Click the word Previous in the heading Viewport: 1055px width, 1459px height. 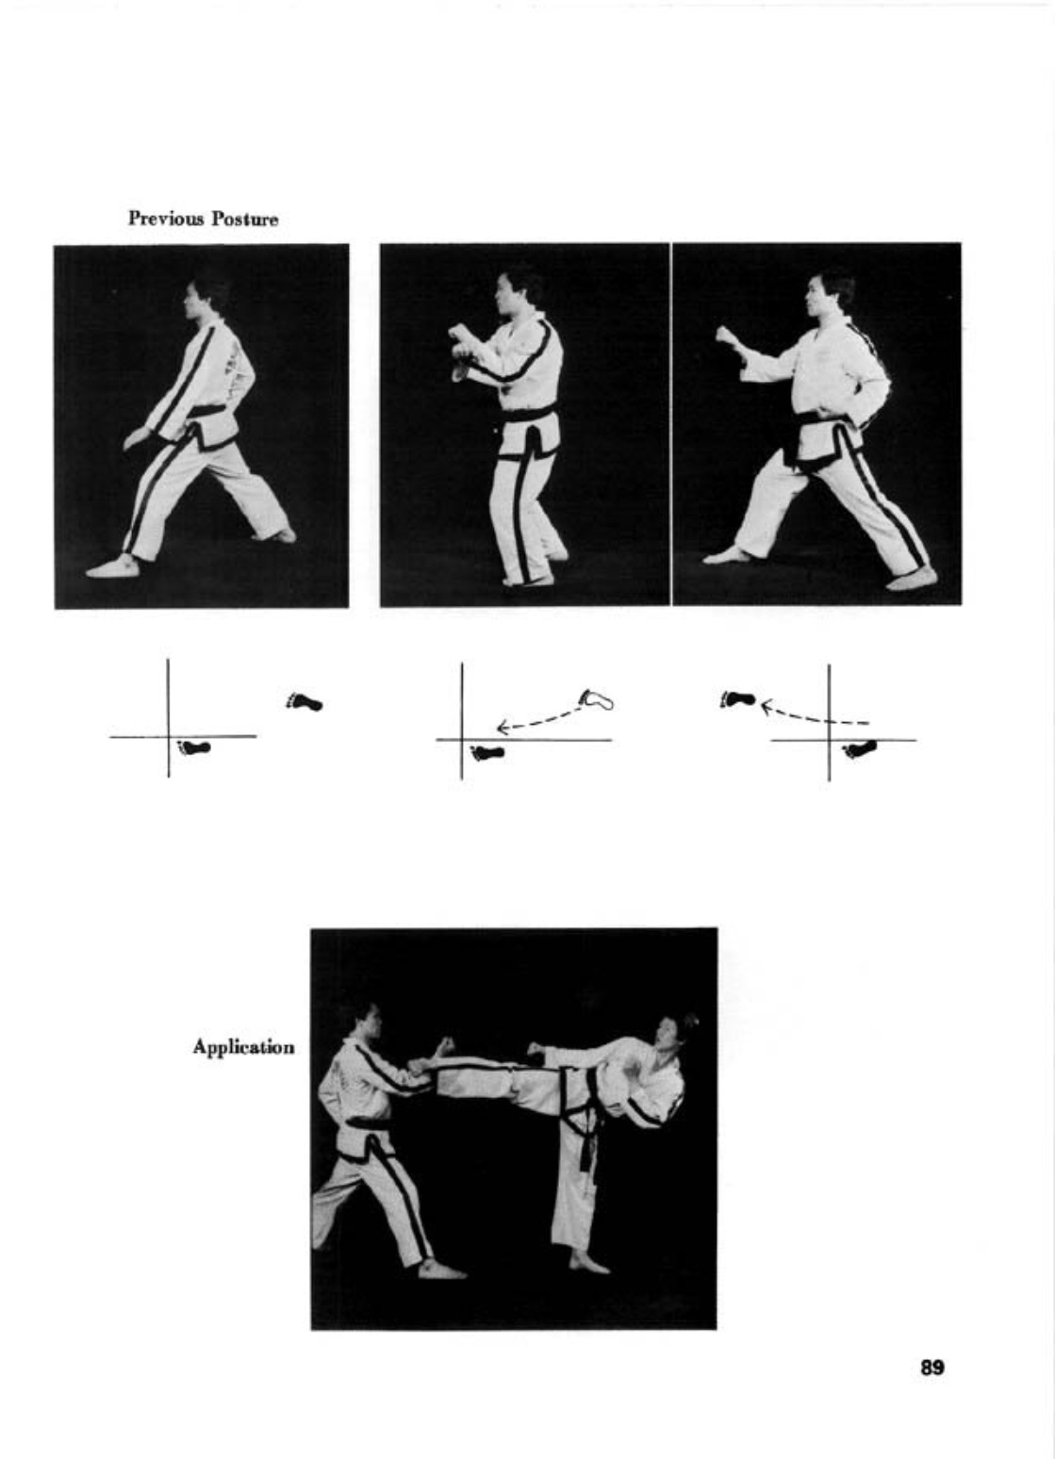click(166, 219)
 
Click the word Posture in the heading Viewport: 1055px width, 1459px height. click(244, 219)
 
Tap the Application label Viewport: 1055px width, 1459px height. click(243, 1047)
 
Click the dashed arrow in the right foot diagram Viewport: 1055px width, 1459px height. click(815, 713)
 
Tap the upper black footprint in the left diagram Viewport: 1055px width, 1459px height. click(305, 701)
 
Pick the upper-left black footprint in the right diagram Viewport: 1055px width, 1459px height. click(738, 699)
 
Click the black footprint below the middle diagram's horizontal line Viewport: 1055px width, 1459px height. click(488, 753)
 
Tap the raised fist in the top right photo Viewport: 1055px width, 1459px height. click(725, 336)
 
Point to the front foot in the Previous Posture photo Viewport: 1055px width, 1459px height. click(112, 566)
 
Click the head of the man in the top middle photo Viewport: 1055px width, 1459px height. click(515, 292)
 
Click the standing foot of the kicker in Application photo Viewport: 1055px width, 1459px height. click(588, 1263)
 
